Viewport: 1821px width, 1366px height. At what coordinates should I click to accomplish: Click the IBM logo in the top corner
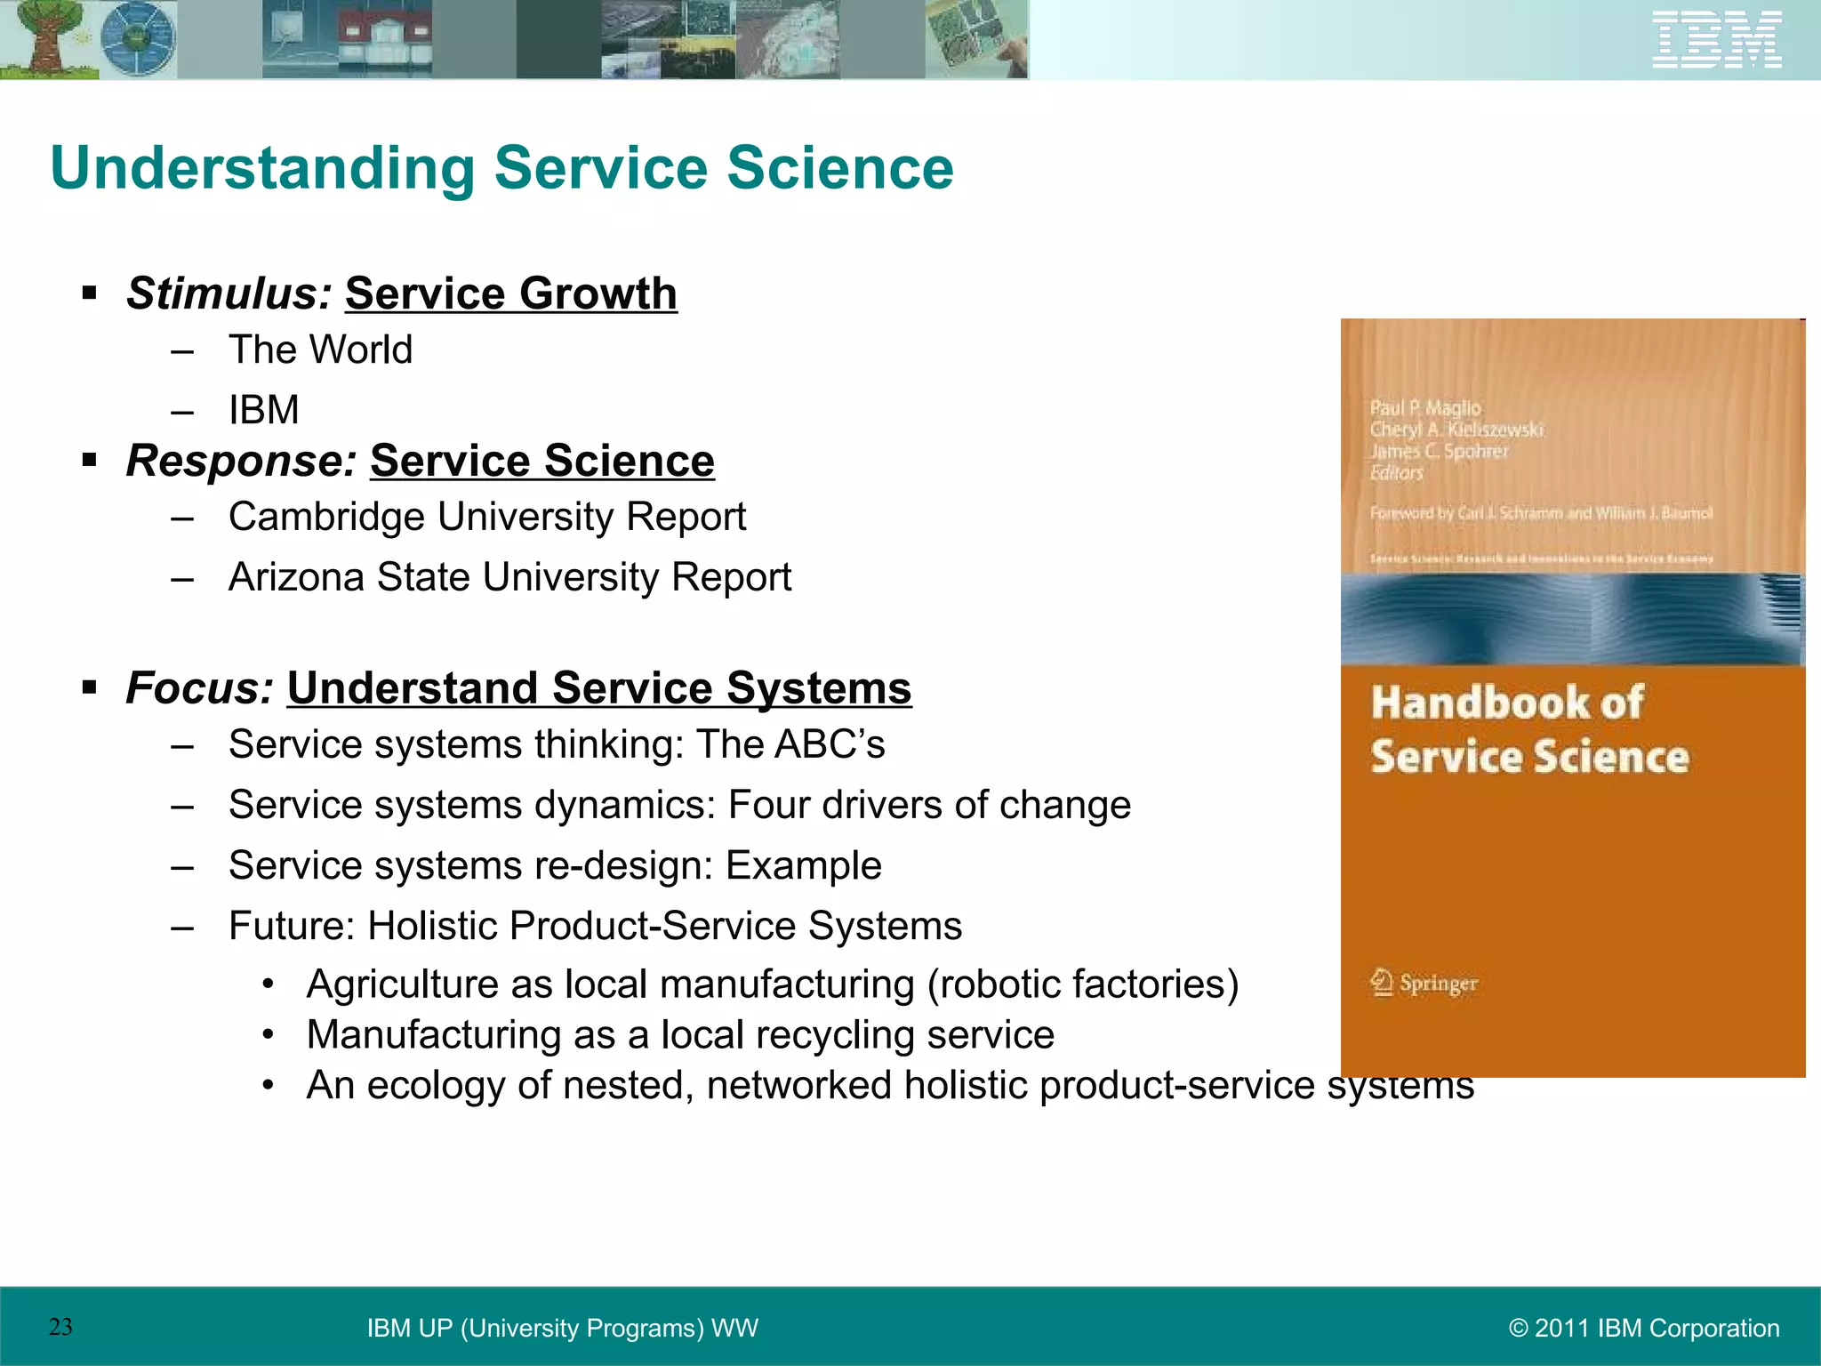tap(1716, 39)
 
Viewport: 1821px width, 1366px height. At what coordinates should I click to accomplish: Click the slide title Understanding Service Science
tap(501, 168)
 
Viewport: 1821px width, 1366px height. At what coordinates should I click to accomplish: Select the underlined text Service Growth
tap(510, 293)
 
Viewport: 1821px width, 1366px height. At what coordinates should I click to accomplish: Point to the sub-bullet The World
tap(320, 350)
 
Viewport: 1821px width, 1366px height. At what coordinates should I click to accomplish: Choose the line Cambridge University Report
tap(486, 517)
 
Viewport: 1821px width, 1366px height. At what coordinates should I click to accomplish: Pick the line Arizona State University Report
tap(509, 577)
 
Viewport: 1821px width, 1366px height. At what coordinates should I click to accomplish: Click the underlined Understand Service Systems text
tap(598, 688)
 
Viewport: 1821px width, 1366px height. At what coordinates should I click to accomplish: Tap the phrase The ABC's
tap(790, 744)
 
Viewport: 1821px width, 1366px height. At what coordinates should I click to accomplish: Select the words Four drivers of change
tap(929, 805)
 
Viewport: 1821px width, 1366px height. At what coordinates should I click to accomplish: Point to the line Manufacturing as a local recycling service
tap(680, 1035)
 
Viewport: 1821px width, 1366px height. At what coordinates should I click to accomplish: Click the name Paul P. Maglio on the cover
tap(1425, 408)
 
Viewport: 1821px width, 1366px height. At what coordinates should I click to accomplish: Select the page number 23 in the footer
tap(60, 1327)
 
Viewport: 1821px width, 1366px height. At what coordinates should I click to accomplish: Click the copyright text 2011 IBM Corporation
tap(1644, 1328)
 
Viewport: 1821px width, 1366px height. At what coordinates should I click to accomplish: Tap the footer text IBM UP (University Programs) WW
tap(562, 1328)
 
